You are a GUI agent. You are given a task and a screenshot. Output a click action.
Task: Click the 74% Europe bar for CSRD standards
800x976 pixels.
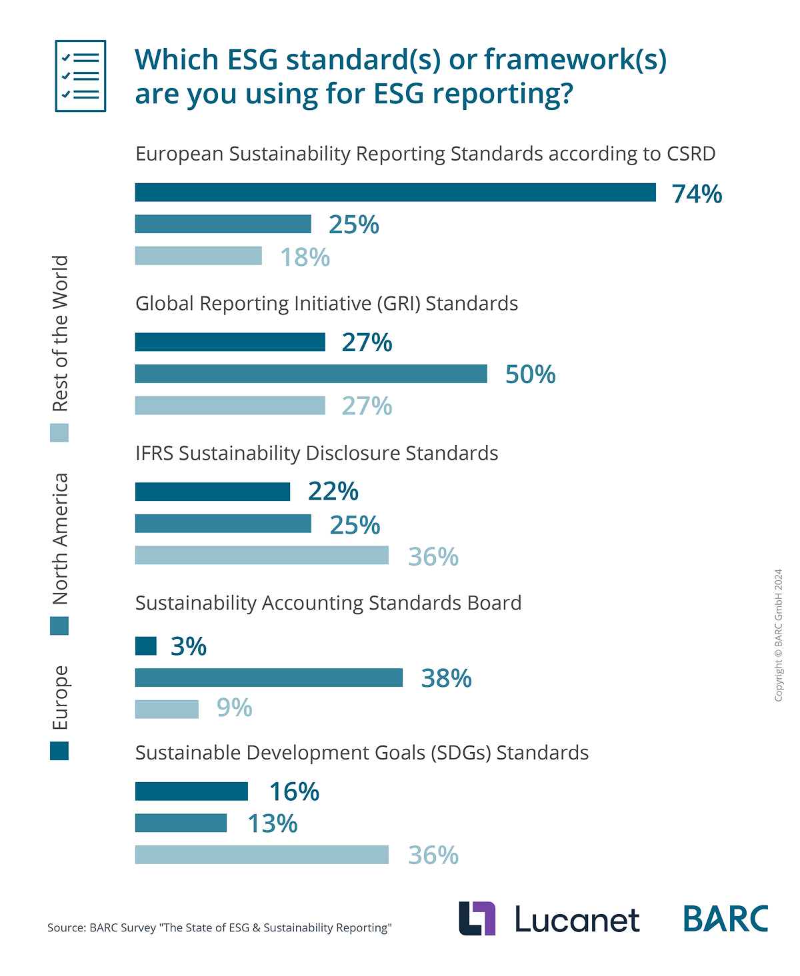(x=395, y=193)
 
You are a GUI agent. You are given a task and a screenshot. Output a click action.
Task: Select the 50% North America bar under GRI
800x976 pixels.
(x=311, y=374)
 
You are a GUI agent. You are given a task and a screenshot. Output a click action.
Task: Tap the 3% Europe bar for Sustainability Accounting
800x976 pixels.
(x=146, y=646)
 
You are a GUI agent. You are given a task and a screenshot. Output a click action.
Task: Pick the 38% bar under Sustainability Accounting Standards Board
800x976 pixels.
(x=269, y=678)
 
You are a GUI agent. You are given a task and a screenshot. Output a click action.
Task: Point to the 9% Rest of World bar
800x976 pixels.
(x=167, y=710)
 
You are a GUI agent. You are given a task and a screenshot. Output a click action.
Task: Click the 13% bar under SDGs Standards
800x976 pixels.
(x=181, y=823)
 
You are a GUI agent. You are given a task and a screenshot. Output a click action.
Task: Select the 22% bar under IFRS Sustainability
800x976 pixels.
(x=213, y=492)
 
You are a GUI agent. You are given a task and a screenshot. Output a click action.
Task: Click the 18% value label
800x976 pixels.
(x=305, y=257)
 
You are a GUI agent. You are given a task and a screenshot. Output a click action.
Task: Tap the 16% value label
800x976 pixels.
(x=294, y=791)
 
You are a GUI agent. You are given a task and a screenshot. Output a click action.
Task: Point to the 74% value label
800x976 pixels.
(x=697, y=194)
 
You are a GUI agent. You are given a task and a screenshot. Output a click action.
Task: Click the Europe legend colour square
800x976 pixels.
(x=59, y=751)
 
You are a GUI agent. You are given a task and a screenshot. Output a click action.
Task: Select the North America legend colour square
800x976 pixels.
(x=59, y=626)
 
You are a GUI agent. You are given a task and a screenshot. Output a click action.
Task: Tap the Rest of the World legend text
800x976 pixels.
(x=61, y=333)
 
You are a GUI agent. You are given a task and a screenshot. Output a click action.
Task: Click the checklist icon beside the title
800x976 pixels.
(x=81, y=76)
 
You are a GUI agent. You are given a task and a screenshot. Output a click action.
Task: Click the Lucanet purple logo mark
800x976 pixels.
(x=477, y=918)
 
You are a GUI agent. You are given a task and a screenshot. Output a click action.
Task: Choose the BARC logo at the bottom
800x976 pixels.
(x=725, y=919)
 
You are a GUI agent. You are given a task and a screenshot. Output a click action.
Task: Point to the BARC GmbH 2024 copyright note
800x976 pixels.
(x=778, y=634)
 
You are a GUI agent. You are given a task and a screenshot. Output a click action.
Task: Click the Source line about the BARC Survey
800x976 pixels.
(x=219, y=927)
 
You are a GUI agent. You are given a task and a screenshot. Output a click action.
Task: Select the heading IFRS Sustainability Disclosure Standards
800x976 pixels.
(x=317, y=453)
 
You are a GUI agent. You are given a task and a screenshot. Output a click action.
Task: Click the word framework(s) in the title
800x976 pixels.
(x=575, y=60)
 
